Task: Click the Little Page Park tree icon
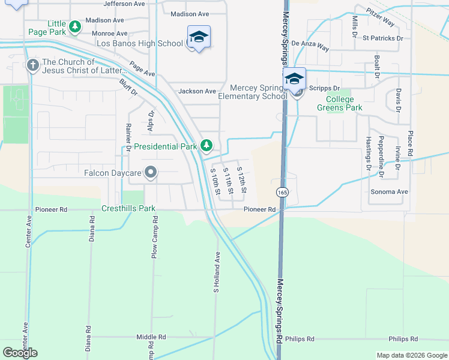pos(74,26)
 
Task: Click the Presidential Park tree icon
pos(206,145)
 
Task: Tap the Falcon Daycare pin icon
pos(151,173)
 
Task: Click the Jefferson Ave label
pos(124,4)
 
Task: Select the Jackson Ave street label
pos(197,91)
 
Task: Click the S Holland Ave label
pos(218,272)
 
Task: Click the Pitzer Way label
pos(381,18)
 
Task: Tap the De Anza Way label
pos(310,45)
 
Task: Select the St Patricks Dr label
pos(383,38)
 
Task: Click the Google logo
pos(20,352)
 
